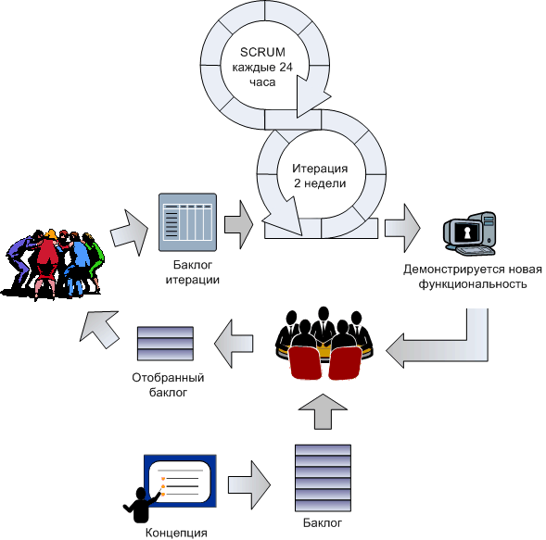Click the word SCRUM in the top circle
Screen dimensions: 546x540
(x=262, y=52)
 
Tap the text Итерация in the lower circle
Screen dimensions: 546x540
(x=320, y=169)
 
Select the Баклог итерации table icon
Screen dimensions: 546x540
(x=187, y=222)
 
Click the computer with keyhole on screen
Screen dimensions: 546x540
(x=470, y=233)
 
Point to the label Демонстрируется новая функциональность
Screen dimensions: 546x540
(x=473, y=277)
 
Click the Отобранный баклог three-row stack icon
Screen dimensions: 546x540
(x=165, y=344)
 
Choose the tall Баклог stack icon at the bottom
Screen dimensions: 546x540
(x=323, y=478)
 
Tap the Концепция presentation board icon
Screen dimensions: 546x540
(x=180, y=481)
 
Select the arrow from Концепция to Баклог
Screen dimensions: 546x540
(x=249, y=485)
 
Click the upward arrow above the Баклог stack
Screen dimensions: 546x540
(x=323, y=411)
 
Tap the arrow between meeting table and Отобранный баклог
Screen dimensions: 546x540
(x=234, y=344)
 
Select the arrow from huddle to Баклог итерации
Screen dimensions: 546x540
(x=130, y=232)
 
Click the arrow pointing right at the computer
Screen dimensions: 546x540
(x=402, y=228)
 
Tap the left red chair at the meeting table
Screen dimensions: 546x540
(x=304, y=363)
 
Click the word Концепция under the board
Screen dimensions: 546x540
(x=176, y=533)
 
